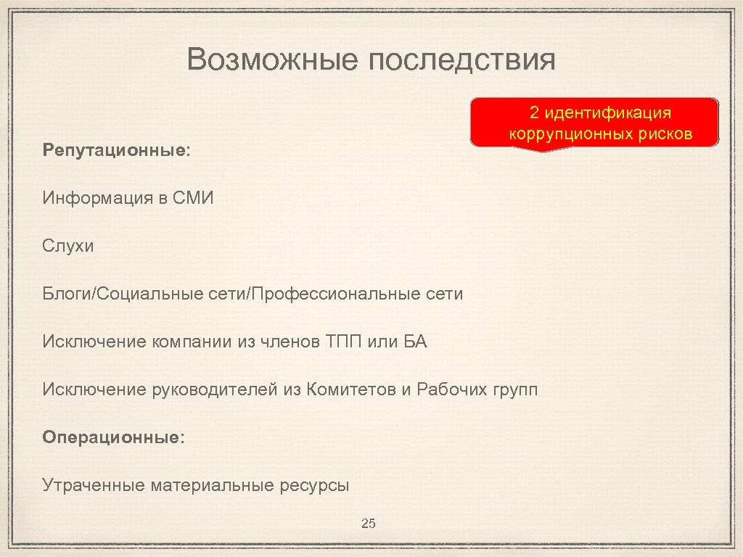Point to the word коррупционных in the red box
tap(570, 134)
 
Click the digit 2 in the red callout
tap(534, 113)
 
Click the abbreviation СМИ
tap(195, 198)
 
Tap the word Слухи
tap(68, 246)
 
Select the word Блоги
tap(67, 294)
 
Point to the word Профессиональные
tap(334, 294)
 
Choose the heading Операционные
tap(113, 437)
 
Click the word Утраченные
tap(94, 485)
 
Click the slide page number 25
tap(368, 524)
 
